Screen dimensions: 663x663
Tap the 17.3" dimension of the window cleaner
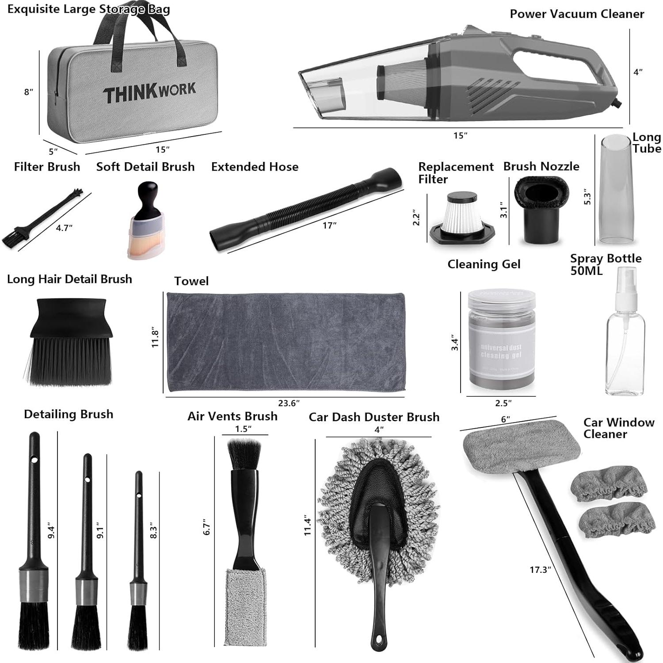[x=539, y=570]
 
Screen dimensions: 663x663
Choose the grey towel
[x=286, y=342]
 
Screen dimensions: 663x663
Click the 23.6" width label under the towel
[x=289, y=403]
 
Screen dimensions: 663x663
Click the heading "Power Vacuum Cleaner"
[x=577, y=14]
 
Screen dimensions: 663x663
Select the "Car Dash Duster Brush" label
[x=374, y=417]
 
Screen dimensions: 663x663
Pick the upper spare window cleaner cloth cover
[x=608, y=484]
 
